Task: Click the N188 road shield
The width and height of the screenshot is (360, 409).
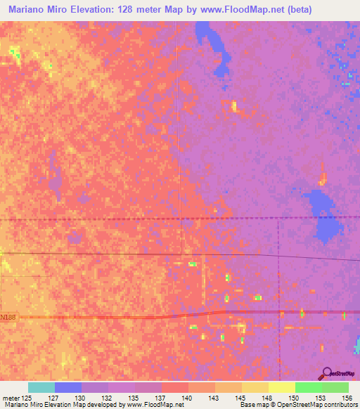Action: click(8, 318)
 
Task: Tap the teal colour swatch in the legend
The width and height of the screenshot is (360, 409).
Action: click(41, 387)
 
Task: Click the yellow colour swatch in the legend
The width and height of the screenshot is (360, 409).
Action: click(281, 387)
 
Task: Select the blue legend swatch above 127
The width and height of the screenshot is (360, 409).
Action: click(68, 387)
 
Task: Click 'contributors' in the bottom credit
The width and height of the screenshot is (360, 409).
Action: click(337, 405)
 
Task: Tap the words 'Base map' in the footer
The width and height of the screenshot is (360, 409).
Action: click(252, 405)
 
